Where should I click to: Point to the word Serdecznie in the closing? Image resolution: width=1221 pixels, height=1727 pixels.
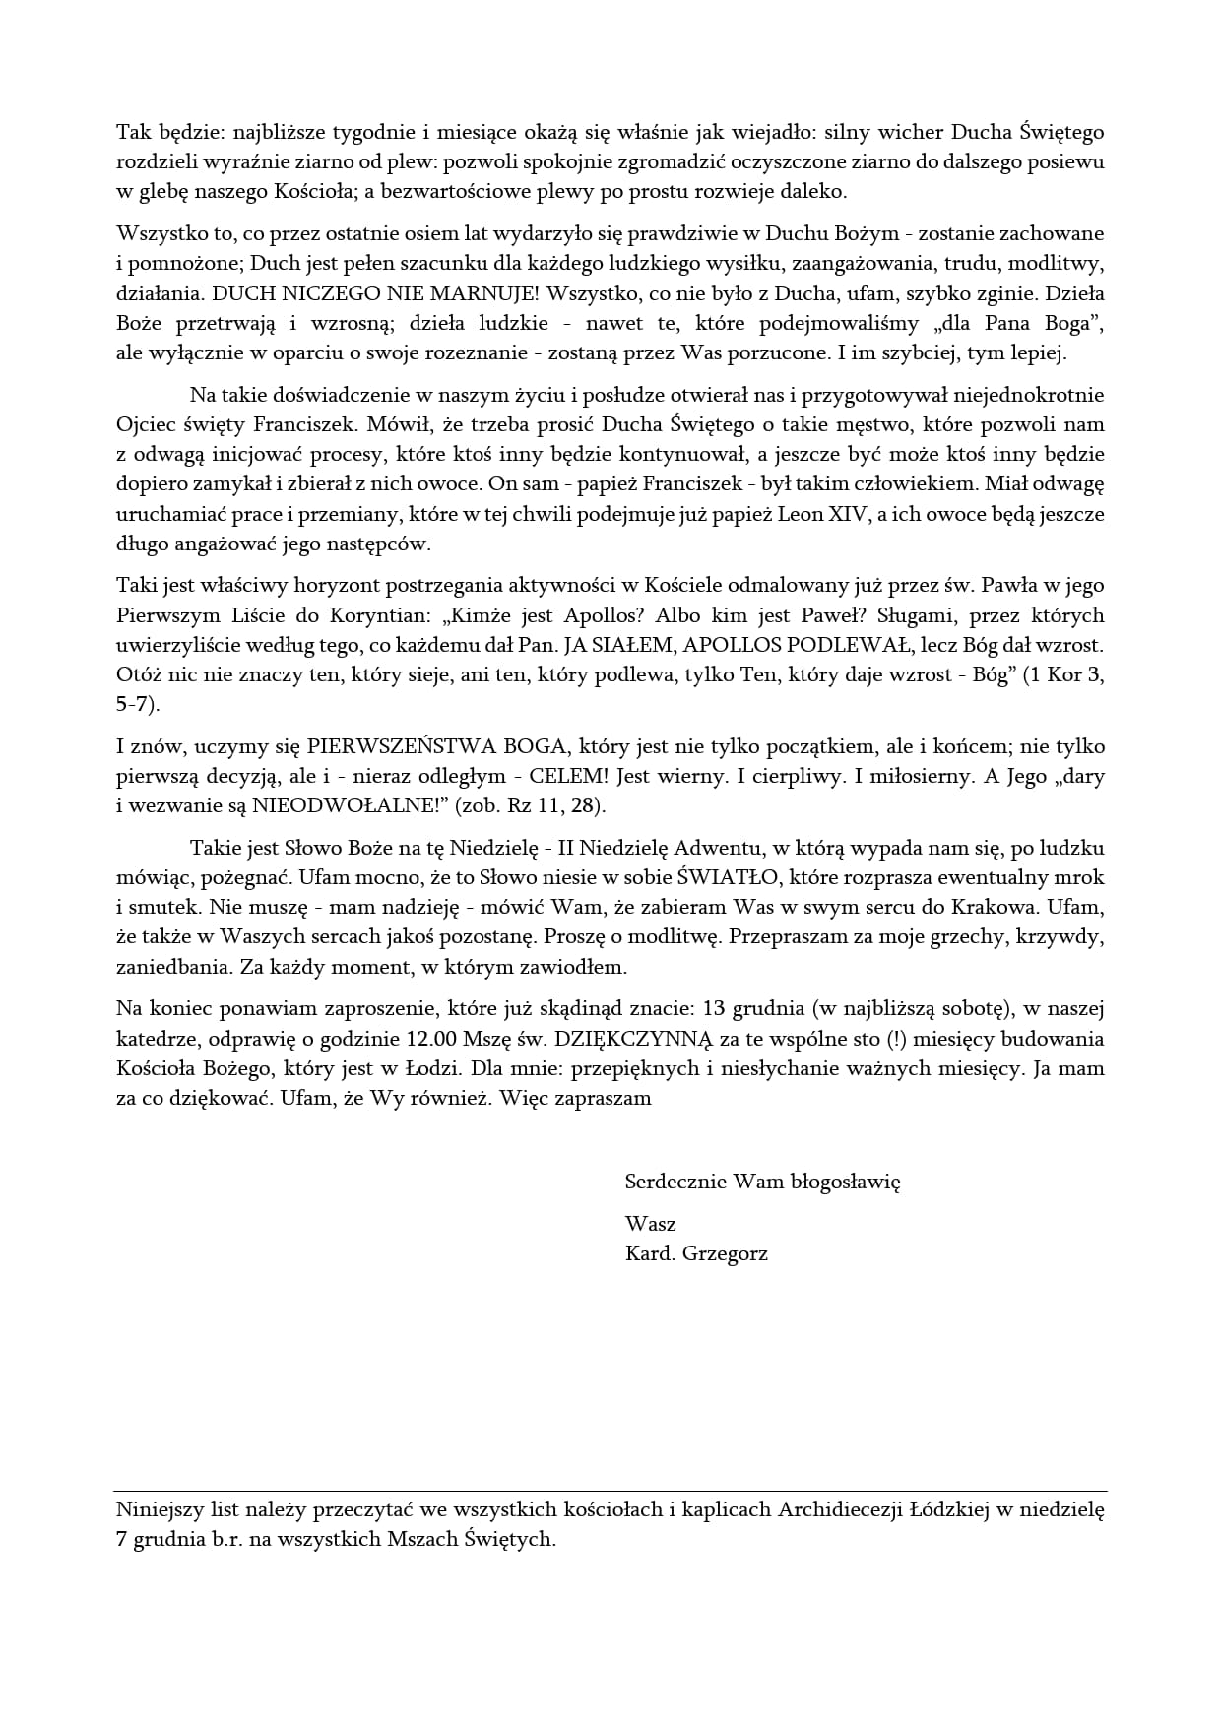[675, 1182]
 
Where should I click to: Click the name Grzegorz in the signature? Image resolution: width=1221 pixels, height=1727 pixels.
[725, 1254]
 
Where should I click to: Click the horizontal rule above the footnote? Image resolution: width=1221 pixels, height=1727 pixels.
[610, 1491]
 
